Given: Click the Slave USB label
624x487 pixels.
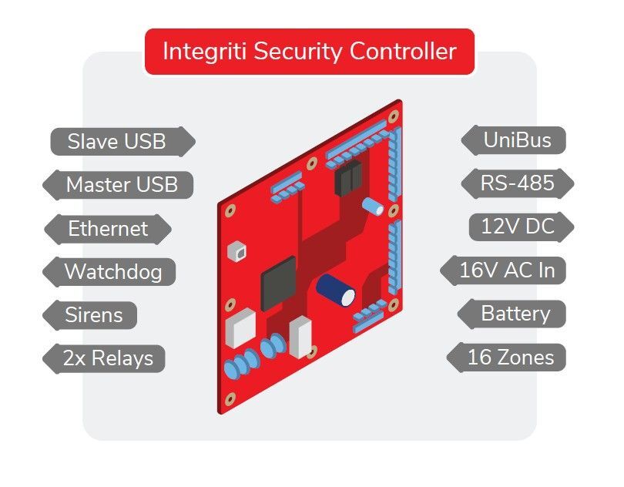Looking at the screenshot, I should pos(117,142).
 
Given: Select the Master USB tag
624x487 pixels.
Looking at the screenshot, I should pos(121,185).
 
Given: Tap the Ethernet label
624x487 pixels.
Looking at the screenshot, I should pos(108,229).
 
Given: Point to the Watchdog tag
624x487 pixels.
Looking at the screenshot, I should pos(112,272).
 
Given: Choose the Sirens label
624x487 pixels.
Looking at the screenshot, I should pos(93,315).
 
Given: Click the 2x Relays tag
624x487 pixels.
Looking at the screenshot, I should pos(108,358).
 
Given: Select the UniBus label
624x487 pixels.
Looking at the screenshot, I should pos(517,140).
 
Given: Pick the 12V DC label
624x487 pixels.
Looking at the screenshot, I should pos(522,227).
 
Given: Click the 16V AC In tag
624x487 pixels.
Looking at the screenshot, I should pos(505,270).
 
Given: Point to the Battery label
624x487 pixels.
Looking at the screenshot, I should pos(515,314).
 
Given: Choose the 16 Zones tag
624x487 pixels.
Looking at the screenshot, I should pos(510,357).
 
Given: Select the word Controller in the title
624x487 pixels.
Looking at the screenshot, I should pos(403,52).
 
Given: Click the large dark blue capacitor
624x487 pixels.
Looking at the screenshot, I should pos(336,289).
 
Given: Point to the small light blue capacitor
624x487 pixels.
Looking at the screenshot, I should pos(374,206).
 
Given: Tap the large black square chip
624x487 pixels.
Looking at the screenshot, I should pos(278,282).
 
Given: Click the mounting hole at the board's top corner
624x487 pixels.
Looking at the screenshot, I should pos(394,116).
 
